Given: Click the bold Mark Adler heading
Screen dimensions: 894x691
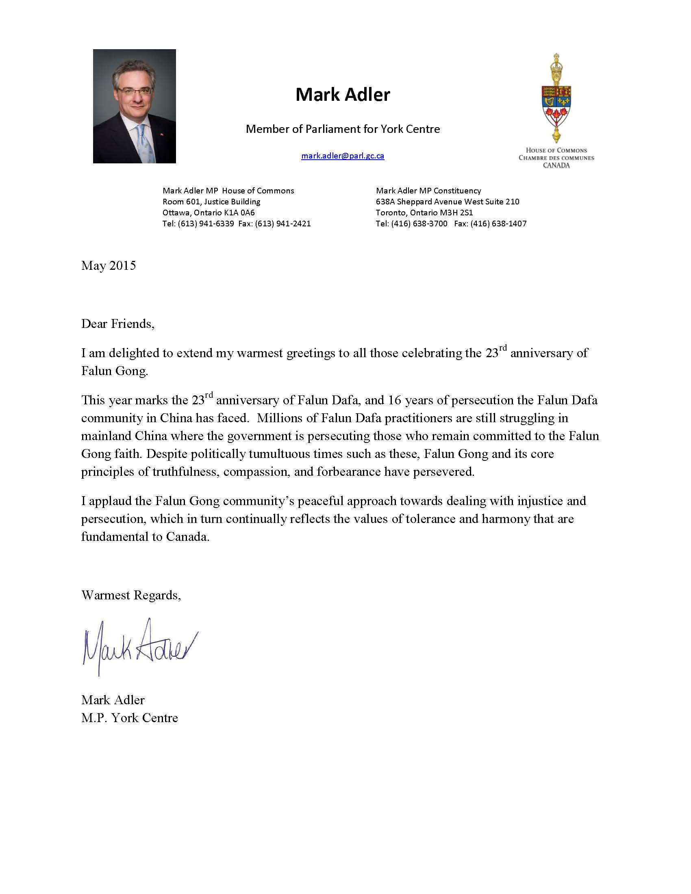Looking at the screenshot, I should point(343,95).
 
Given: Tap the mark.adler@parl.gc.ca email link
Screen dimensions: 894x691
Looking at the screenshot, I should point(343,156).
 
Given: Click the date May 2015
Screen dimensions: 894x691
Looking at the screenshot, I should point(109,266).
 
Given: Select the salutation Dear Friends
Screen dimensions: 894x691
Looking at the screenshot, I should point(117,324).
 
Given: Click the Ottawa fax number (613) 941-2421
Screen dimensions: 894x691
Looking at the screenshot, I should point(282,223).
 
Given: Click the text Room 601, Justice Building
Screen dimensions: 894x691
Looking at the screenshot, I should point(211,202).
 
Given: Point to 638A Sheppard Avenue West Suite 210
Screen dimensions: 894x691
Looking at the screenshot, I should point(448,202).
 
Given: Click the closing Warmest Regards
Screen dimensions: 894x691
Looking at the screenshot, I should point(131,595).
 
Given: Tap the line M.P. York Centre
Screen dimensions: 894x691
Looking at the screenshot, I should point(129,718).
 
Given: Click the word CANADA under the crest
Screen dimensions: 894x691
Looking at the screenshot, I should point(556,165).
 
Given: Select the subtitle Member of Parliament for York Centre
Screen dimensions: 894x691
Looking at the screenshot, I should point(343,129).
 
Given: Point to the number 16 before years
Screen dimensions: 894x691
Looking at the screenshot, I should point(394,400).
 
